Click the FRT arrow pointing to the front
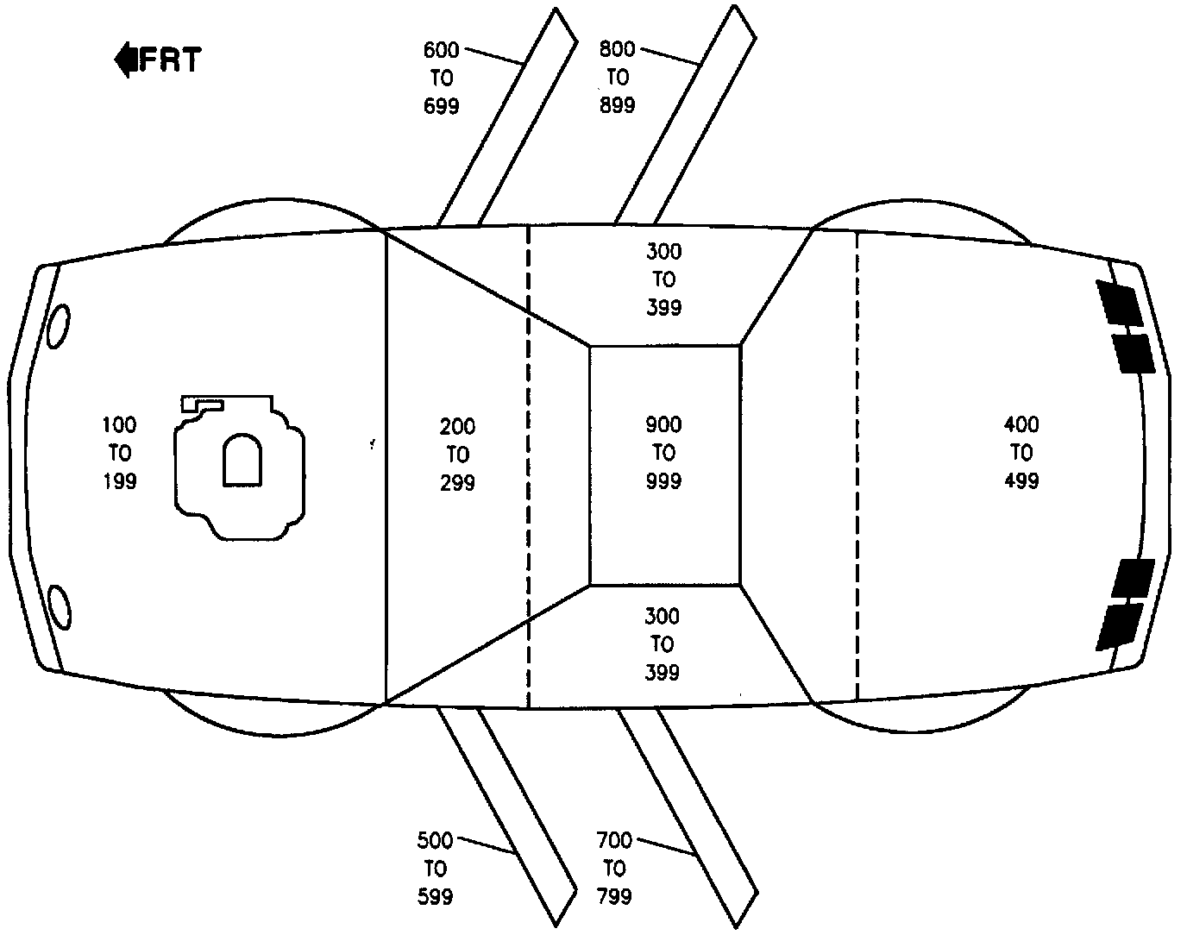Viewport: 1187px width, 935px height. point(125,60)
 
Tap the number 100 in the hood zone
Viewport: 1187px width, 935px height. point(119,424)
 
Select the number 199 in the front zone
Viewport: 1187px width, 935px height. point(119,481)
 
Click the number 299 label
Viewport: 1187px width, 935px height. point(457,482)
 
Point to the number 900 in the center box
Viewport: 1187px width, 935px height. point(663,424)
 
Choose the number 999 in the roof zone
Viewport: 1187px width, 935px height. point(663,481)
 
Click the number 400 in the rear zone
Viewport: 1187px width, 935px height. point(1021,424)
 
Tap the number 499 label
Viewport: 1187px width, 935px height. point(1021,481)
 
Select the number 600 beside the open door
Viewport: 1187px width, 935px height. point(442,50)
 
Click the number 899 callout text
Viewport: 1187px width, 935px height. point(618,105)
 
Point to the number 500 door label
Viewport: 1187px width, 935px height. point(435,840)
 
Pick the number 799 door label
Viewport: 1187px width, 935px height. point(614,896)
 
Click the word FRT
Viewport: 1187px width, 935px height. point(171,60)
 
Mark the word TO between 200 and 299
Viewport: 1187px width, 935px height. point(457,454)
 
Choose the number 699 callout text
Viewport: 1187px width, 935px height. point(442,106)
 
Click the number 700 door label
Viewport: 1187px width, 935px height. point(614,840)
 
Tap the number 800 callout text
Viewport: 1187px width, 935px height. point(618,49)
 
